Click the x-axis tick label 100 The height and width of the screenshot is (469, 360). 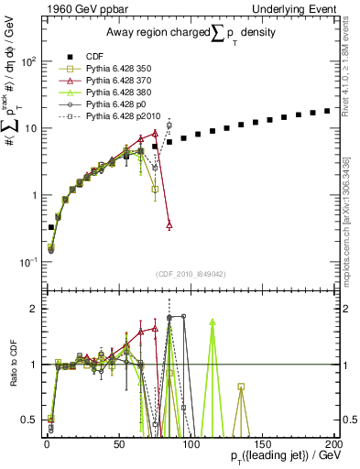pyautogui.click(x=190, y=443)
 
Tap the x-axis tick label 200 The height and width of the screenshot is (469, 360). pyautogui.click(x=332, y=443)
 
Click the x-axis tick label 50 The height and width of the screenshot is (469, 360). pyautogui.click(x=118, y=443)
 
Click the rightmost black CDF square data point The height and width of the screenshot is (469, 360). pyautogui.click(x=327, y=112)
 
